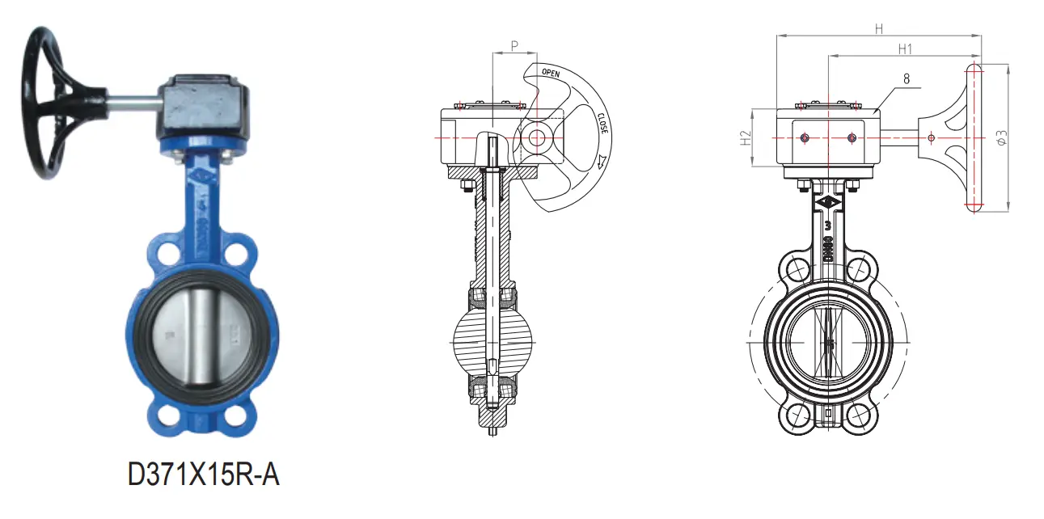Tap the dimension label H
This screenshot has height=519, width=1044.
(x=879, y=28)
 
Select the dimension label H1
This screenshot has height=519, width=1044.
(x=905, y=49)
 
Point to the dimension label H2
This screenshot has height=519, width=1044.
(x=745, y=138)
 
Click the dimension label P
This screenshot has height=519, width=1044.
(x=514, y=47)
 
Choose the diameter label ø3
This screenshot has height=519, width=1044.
(x=1001, y=137)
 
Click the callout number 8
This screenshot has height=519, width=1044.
(x=906, y=78)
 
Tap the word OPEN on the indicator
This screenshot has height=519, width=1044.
(x=551, y=74)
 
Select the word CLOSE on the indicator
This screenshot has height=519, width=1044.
(x=602, y=124)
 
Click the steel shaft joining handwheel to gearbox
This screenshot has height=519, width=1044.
(x=129, y=102)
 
